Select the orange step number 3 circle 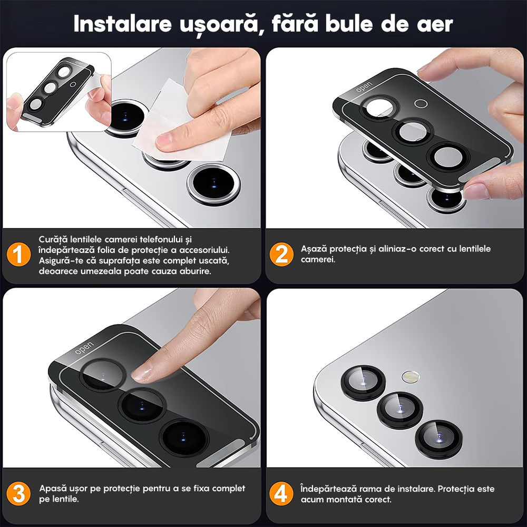click(18, 494)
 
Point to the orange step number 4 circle click(281, 494)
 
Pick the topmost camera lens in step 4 click(363, 380)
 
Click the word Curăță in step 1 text click(53, 240)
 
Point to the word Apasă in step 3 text click(53, 489)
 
